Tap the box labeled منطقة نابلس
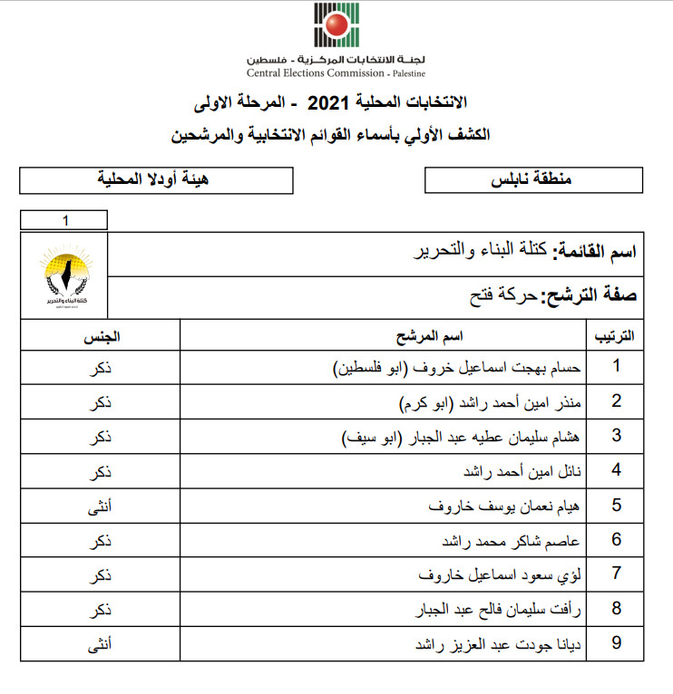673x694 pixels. point(531,179)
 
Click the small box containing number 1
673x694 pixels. point(64,220)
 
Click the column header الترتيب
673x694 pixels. point(614,337)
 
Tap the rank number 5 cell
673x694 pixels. point(616,505)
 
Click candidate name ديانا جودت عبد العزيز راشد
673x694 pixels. point(495,644)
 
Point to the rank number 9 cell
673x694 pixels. point(616,644)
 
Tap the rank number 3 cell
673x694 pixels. point(616,436)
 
